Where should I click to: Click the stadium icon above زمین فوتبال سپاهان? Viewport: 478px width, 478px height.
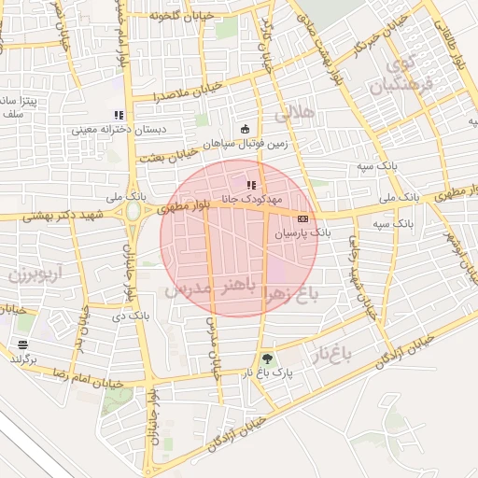tap(246, 129)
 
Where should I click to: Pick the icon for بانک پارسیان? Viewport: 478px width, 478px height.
tap(302, 218)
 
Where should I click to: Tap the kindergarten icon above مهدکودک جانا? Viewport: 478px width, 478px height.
tap(251, 185)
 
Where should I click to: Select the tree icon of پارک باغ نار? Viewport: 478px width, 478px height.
tap(268, 358)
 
